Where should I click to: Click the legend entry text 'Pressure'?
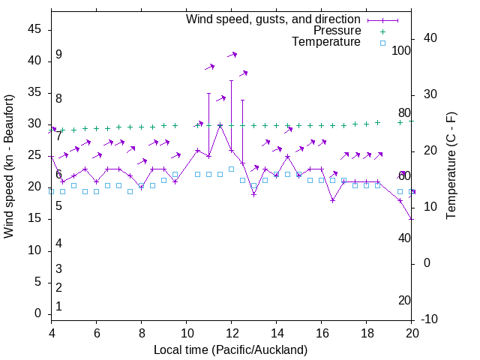pyautogui.click(x=337, y=31)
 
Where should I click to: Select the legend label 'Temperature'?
pyautogui.click(x=326, y=43)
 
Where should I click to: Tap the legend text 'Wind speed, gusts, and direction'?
pyautogui.click(x=273, y=19)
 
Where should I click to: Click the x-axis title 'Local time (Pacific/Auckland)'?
pyautogui.click(x=231, y=350)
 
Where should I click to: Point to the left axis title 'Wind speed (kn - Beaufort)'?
pyautogui.click(x=9, y=166)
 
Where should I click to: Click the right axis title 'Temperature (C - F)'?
pyautogui.click(x=451, y=166)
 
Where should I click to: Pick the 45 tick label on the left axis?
pyautogui.click(x=34, y=30)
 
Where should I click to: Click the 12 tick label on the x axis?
pyautogui.click(x=231, y=332)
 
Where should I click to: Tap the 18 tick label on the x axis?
pyautogui.click(x=367, y=332)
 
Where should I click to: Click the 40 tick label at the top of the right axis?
pyautogui.click(x=430, y=38)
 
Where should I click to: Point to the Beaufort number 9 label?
pyautogui.click(x=58, y=55)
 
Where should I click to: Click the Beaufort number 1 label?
pyautogui.click(x=58, y=307)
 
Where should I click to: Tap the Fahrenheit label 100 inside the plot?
pyautogui.click(x=402, y=51)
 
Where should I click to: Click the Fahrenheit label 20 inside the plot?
pyautogui.click(x=404, y=301)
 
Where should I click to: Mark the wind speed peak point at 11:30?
pyautogui.click(x=220, y=124)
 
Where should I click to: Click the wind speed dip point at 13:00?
pyautogui.click(x=253, y=194)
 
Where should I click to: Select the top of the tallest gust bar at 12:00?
pyautogui.click(x=231, y=80)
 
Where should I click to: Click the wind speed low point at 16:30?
pyautogui.click(x=332, y=200)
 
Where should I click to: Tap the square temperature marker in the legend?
pyautogui.click(x=382, y=43)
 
